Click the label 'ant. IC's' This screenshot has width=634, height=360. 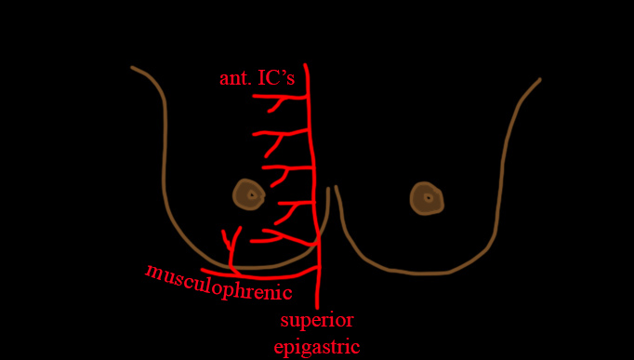257,79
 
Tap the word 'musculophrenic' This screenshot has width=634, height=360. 218,283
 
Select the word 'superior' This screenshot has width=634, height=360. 317,322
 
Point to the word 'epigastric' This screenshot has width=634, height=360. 317,347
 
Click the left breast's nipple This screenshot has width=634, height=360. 248,194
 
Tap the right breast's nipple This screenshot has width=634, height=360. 427,198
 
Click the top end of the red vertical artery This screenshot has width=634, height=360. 305,64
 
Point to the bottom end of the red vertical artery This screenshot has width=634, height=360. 317,308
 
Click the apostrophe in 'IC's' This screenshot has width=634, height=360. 281,74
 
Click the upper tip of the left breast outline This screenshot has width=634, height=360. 132,68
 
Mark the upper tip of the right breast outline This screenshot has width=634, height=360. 539,80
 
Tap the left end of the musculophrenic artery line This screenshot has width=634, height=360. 203,270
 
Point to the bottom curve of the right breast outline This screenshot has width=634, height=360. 420,273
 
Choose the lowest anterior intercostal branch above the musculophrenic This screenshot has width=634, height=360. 283,235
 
